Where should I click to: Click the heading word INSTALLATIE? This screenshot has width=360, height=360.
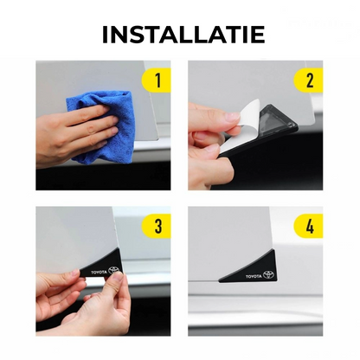point(183,35)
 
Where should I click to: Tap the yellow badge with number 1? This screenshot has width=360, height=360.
point(156,80)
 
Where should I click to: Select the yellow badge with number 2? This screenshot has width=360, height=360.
point(308,80)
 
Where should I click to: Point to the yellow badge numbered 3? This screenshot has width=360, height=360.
point(156,226)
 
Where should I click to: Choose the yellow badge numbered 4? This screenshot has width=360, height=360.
point(308,226)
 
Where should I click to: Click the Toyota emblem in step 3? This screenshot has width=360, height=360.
point(113,270)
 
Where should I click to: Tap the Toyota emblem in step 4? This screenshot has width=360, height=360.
point(268,274)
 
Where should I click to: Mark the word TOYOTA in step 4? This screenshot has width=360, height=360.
point(254,277)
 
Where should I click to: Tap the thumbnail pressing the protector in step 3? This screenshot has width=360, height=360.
point(117,277)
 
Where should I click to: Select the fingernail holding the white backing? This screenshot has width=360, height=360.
point(233,117)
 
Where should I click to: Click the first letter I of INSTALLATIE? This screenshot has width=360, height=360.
point(105,35)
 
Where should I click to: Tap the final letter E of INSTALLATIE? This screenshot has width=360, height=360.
point(258,35)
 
